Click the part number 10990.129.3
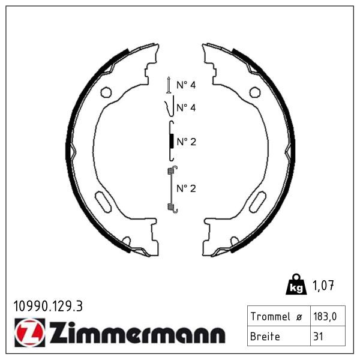tap(48, 306)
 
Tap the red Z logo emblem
tap(30, 332)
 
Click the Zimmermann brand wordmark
tap(137, 332)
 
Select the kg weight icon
tap(296, 284)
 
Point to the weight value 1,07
tap(323, 286)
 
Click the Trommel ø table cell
tap(279, 316)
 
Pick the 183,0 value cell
tap(328, 316)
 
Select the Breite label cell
tap(279, 336)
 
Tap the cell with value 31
tap(328, 336)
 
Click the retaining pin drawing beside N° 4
tap(169, 85)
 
